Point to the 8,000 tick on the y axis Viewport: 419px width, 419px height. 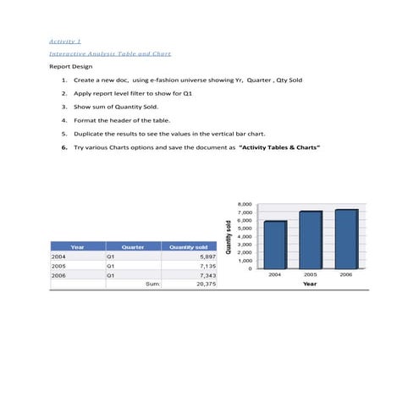coord(245,205)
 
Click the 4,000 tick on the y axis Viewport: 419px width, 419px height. coord(245,236)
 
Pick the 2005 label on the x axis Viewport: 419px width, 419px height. coord(311,275)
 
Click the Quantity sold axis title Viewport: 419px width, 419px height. coord(229,236)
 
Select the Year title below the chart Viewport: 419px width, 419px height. coord(311,284)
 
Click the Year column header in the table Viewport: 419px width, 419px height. coord(77,246)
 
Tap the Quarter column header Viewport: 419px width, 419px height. coord(133,246)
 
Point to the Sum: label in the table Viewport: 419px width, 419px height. coord(153,284)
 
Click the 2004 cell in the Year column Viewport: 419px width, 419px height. coord(59,256)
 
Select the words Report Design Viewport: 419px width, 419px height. coord(70,66)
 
